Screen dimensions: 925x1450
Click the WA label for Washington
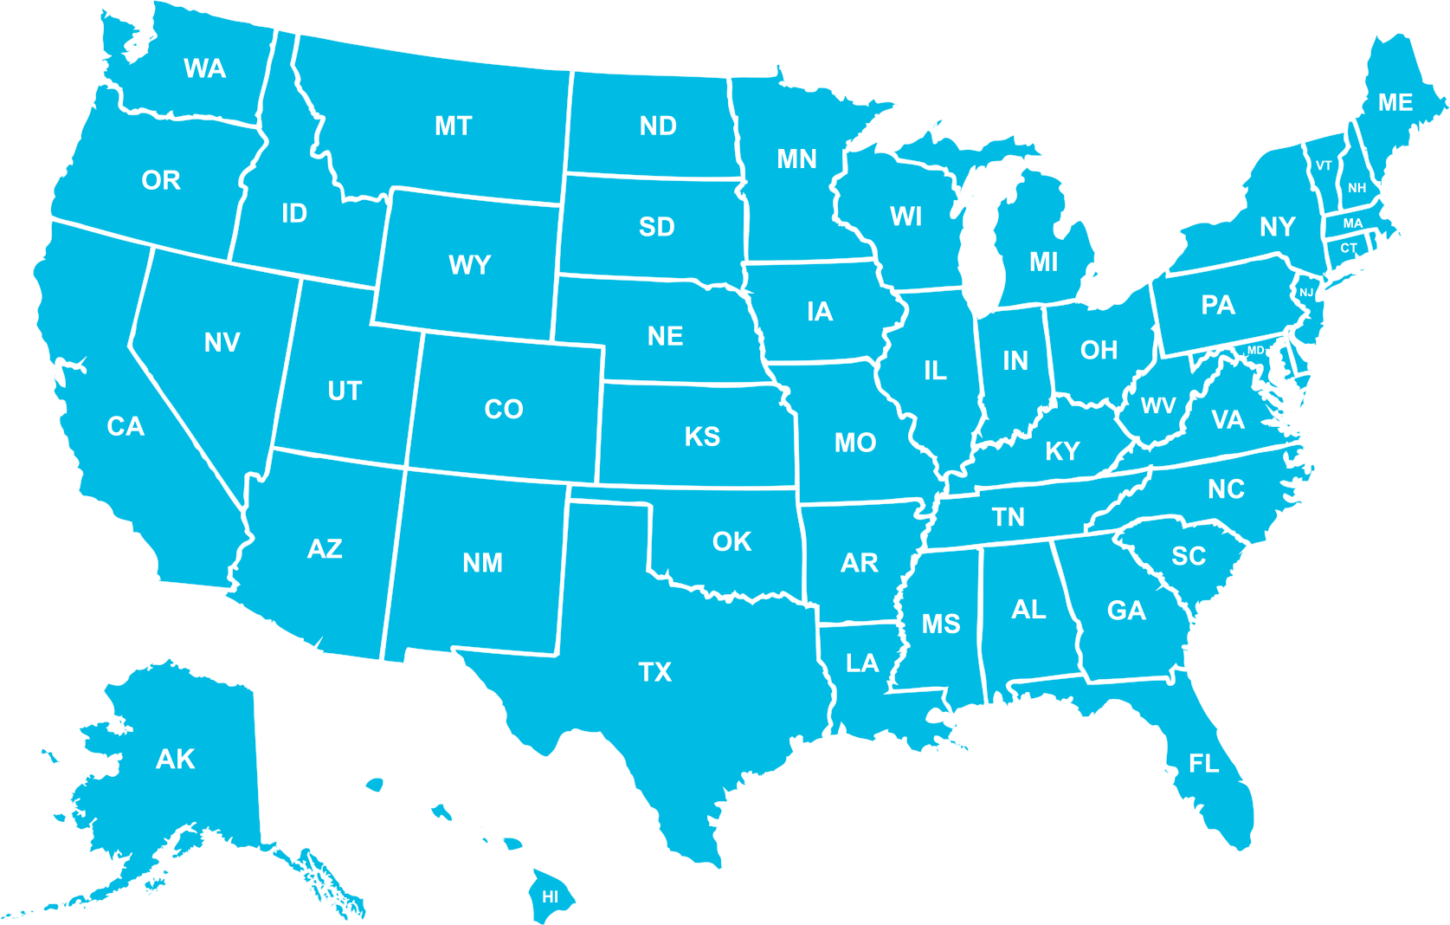(205, 68)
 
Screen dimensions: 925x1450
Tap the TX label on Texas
(655, 672)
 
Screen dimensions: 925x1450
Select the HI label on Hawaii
(551, 897)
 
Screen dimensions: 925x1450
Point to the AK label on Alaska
(175, 760)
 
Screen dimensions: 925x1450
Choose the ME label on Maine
(1395, 103)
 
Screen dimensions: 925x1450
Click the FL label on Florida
(1204, 764)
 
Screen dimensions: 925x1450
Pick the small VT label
(1324, 165)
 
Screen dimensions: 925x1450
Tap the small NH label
(1357, 188)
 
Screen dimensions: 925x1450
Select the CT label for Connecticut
(1349, 249)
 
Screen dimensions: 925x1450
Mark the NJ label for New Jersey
(1306, 293)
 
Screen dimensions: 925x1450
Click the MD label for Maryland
(1256, 350)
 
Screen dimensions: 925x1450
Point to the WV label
(1158, 405)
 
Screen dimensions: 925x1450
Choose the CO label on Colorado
(504, 409)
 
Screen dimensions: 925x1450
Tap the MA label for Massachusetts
(1353, 223)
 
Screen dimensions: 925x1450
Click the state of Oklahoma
(731, 541)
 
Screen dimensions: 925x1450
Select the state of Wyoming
(469, 264)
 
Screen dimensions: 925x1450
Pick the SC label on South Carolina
(1189, 556)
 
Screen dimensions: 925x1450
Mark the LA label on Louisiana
(862, 663)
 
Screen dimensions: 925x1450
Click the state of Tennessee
(1009, 517)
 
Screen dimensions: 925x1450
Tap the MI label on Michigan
(1044, 262)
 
